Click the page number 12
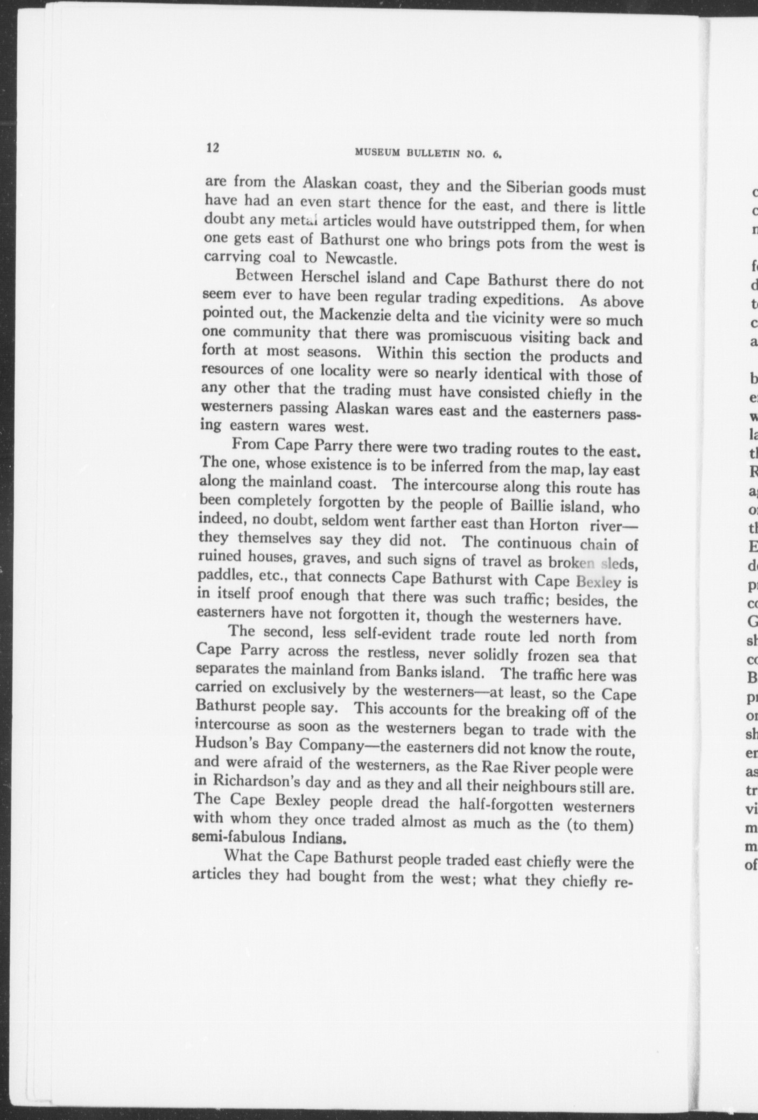[x=212, y=148]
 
